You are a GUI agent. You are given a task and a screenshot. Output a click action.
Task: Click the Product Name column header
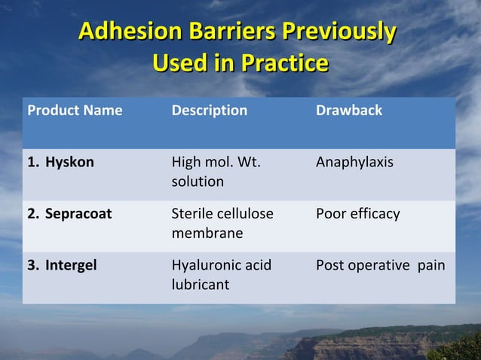pos(75,111)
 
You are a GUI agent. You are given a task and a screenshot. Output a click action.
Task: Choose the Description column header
pos(210,111)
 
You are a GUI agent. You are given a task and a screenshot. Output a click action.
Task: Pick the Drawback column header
pos(349,111)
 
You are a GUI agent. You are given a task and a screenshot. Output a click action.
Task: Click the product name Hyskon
pos(69,162)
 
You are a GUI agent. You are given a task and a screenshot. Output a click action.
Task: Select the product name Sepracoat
pos(78,214)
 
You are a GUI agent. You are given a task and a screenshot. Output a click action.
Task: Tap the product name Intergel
pos(71,265)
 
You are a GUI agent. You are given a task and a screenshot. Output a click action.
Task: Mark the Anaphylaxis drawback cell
pos(354,162)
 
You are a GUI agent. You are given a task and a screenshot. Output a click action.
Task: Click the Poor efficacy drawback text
pos(358,214)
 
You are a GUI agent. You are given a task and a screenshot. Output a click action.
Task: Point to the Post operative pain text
pos(381,265)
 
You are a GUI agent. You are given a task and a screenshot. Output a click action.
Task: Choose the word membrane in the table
pos(207,233)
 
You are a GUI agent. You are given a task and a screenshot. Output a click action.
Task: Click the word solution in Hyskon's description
pos(198,182)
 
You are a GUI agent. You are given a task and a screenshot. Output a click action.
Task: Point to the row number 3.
pos(32,265)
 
